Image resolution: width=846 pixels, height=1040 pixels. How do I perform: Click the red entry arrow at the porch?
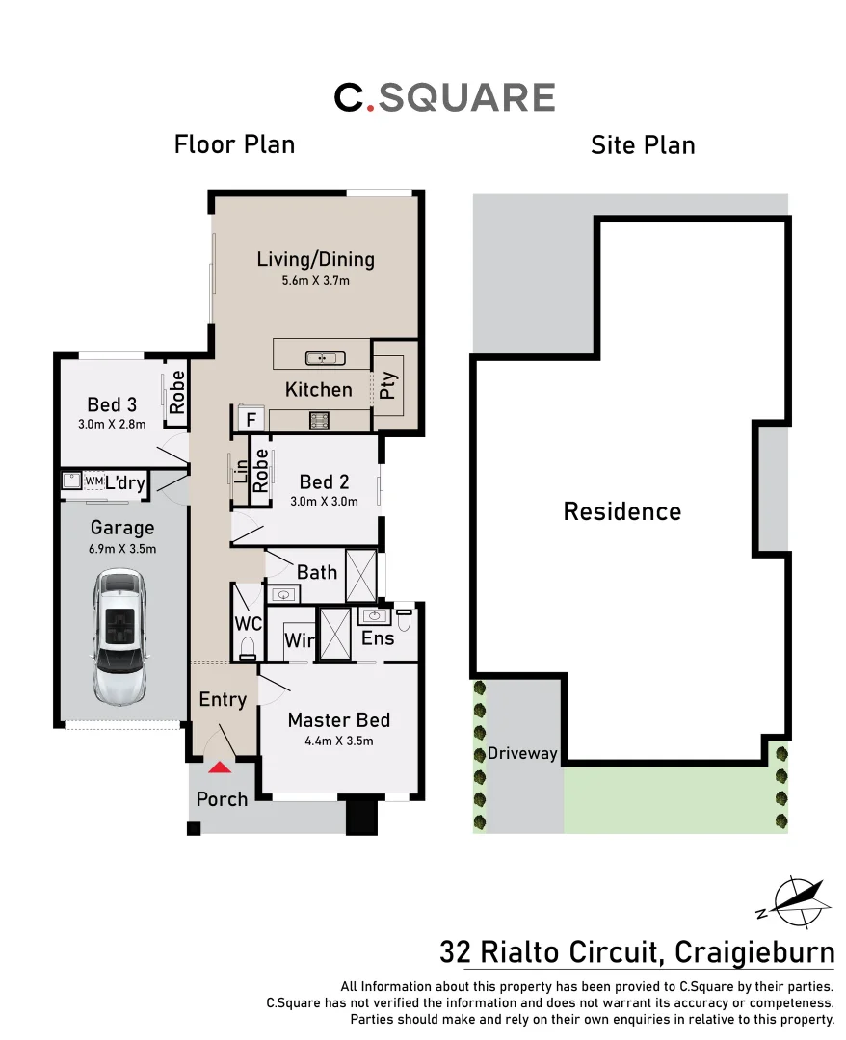pyautogui.click(x=221, y=767)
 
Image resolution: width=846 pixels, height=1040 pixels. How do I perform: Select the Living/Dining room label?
pyautogui.click(x=315, y=259)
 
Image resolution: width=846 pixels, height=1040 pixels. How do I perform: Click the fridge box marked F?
pyautogui.click(x=251, y=420)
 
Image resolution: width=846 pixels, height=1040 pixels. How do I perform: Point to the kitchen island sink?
pyautogui.click(x=325, y=358)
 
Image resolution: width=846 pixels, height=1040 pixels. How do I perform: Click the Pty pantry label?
pyautogui.click(x=387, y=384)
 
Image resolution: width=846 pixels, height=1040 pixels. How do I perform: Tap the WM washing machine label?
pyautogui.click(x=93, y=481)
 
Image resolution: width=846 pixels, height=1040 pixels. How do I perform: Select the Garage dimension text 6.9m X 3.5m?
pyautogui.click(x=122, y=549)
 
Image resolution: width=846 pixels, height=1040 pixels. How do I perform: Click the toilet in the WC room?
pyautogui.click(x=248, y=646)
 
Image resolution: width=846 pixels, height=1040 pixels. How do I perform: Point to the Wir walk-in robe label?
pyautogui.click(x=298, y=639)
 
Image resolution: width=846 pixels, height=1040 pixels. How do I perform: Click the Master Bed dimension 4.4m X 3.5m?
pyautogui.click(x=338, y=741)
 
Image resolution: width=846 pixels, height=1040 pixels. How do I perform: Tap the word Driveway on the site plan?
pyautogui.click(x=522, y=753)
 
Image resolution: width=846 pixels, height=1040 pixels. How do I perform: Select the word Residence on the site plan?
pyautogui.click(x=621, y=511)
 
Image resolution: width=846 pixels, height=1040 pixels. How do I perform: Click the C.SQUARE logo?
pyautogui.click(x=444, y=97)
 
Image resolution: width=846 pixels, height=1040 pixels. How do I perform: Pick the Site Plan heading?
pyautogui.click(x=642, y=145)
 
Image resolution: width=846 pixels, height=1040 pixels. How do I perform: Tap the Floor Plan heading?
pyautogui.click(x=234, y=144)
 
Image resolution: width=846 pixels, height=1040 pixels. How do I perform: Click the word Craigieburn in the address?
pyautogui.click(x=754, y=953)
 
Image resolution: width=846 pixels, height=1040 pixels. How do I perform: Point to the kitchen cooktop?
pyautogui.click(x=319, y=419)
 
